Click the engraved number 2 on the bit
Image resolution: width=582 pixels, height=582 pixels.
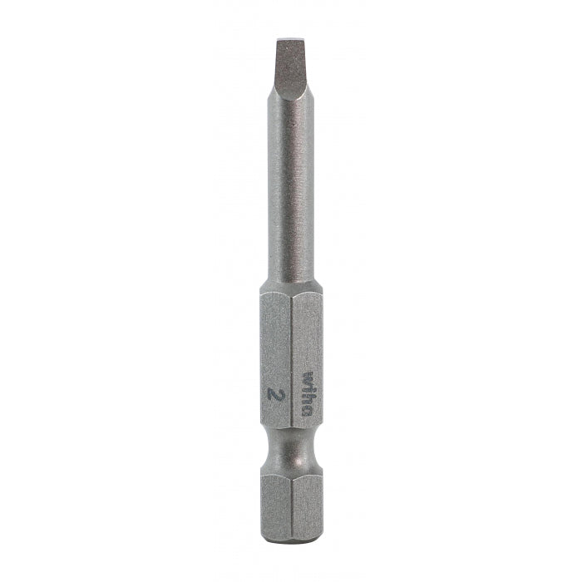click(x=275, y=392)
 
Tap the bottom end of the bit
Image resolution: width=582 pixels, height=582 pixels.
click(x=290, y=541)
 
